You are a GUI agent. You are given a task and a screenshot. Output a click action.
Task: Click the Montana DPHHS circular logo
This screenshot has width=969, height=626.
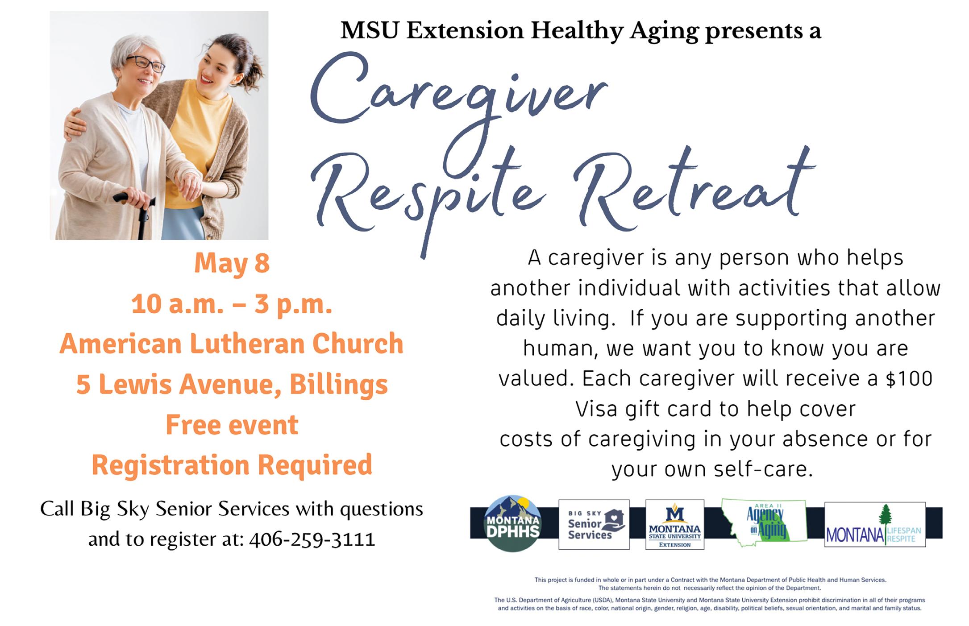(512, 524)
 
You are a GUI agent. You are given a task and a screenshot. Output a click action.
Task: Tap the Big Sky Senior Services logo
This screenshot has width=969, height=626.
(594, 525)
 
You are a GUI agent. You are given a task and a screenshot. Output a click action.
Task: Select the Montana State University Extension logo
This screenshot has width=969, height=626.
(675, 525)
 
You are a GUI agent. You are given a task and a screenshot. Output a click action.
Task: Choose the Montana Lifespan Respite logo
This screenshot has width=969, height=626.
(875, 525)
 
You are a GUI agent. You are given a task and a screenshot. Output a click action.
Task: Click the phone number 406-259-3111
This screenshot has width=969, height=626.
(312, 539)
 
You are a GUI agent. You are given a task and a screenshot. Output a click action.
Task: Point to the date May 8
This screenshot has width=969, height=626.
(232, 263)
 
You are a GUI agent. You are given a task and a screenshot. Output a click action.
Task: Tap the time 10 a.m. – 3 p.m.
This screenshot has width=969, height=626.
(232, 304)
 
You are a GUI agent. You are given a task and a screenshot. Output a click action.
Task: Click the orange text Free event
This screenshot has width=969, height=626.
(232, 425)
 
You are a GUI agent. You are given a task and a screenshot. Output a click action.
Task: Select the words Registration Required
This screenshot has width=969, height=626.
(232, 465)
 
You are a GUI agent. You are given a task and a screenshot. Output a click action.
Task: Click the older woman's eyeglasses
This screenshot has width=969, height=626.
(146, 64)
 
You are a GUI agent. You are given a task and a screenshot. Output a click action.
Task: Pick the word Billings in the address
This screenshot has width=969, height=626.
(339, 385)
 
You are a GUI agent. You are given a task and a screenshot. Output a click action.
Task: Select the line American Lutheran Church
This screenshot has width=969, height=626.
(232, 344)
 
